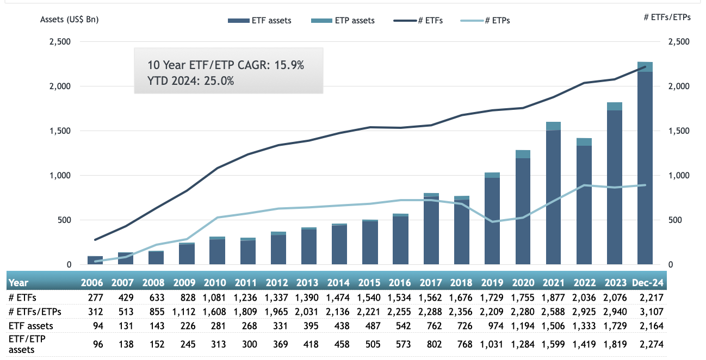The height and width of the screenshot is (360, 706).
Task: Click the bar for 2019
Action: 492,223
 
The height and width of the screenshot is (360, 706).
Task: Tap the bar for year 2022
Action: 584,207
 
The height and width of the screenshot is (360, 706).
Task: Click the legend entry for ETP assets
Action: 342,21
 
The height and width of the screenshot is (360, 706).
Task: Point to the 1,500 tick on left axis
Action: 60,131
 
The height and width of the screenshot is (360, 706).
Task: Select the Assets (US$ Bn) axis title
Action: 70,20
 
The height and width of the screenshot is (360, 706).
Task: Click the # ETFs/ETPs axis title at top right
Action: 667,17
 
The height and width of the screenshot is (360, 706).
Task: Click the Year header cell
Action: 18,283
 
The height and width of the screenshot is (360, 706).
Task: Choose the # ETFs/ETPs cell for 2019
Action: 492,312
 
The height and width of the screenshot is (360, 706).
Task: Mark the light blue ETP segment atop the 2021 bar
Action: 554,126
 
